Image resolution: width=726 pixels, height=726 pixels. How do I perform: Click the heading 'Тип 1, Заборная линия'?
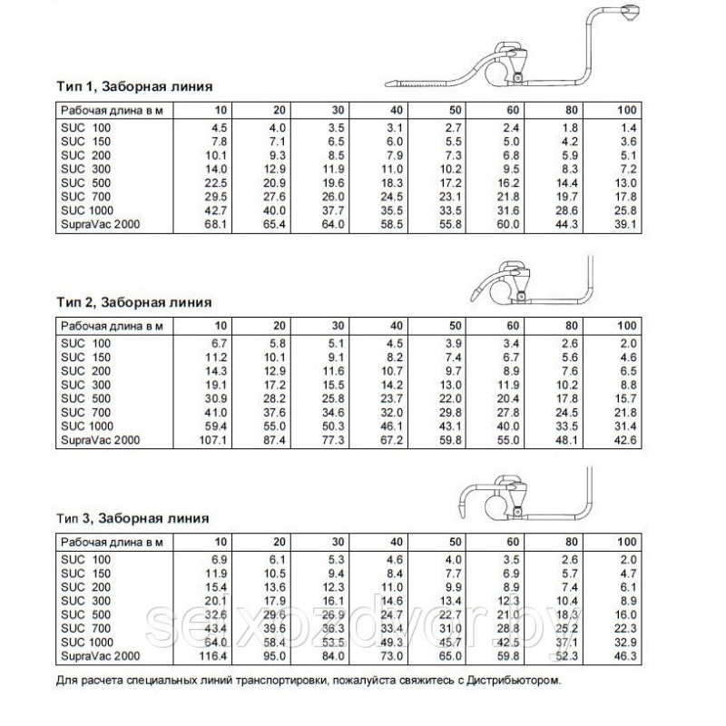(x=134, y=88)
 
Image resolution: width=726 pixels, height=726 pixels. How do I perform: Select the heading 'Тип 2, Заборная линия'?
(x=134, y=302)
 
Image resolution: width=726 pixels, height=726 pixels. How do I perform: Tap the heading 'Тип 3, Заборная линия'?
(x=132, y=518)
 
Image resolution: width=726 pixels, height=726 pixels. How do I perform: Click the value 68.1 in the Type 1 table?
(x=211, y=226)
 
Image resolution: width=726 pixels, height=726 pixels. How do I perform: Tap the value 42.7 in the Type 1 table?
(x=211, y=211)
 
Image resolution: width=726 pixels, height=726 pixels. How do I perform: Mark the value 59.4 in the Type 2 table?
(x=211, y=426)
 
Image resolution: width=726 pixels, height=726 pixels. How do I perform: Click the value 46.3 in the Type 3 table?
(x=626, y=654)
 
